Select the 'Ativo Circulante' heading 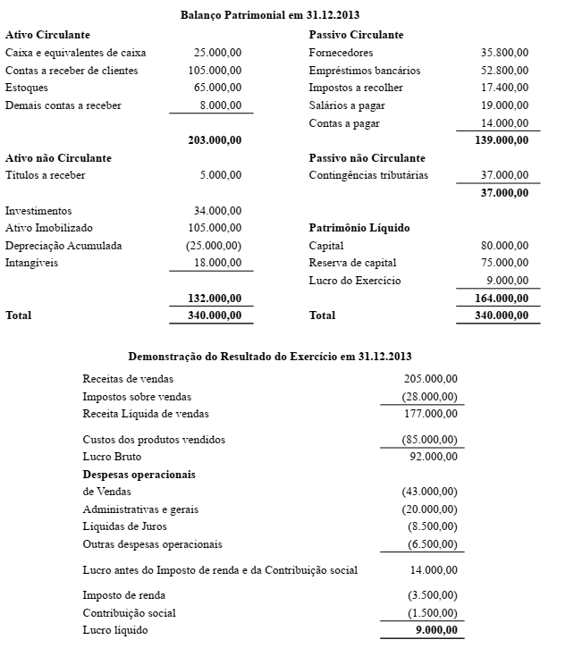tap(47, 35)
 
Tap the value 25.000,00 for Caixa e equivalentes tap(217, 53)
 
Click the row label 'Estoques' tap(27, 88)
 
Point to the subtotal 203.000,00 tap(215, 140)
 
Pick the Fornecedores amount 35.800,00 tap(504, 53)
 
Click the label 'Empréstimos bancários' tap(364, 71)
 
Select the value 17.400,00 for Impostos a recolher tap(504, 88)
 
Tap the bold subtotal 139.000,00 tap(502, 140)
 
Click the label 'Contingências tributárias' tap(368, 175)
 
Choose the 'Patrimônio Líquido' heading tap(359, 228)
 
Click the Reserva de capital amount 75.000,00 tap(504, 263)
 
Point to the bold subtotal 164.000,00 tap(502, 298)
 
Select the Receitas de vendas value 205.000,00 tap(431, 379)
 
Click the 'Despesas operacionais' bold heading tap(139, 474)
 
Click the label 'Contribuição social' tap(129, 613)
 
